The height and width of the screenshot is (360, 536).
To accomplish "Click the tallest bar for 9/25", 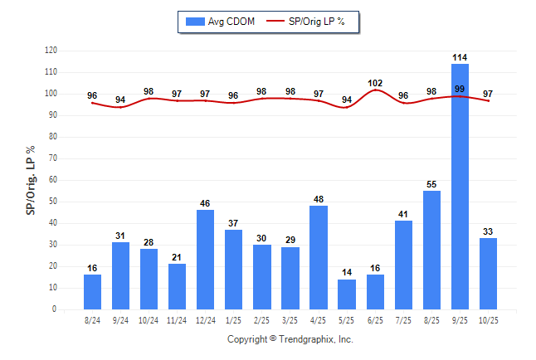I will click(x=460, y=187).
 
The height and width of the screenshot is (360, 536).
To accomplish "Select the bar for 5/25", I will click(x=347, y=294).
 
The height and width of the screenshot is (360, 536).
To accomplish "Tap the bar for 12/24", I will click(x=206, y=260).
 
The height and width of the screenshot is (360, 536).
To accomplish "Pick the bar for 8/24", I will click(x=93, y=292).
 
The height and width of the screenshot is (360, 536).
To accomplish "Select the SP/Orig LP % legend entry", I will click(x=313, y=22).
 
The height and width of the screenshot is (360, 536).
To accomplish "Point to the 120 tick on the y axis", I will click(x=51, y=51).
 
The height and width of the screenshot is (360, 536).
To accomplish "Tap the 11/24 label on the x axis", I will click(x=178, y=319).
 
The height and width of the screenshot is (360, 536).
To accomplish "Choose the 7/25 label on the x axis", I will click(x=403, y=319).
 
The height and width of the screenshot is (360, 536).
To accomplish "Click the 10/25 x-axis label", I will click(x=488, y=319).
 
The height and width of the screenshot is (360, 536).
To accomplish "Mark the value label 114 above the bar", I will click(x=460, y=57).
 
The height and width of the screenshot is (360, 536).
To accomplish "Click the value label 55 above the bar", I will click(x=431, y=184).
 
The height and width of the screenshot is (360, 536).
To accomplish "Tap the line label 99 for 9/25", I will click(x=460, y=89).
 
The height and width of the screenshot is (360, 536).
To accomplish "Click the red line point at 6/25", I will click(x=375, y=90).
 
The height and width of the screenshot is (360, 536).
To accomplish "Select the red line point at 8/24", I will click(x=93, y=103).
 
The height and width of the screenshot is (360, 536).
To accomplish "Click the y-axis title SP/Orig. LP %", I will click(x=31, y=180).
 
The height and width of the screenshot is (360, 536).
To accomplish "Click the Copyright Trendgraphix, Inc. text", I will click(x=290, y=339).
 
